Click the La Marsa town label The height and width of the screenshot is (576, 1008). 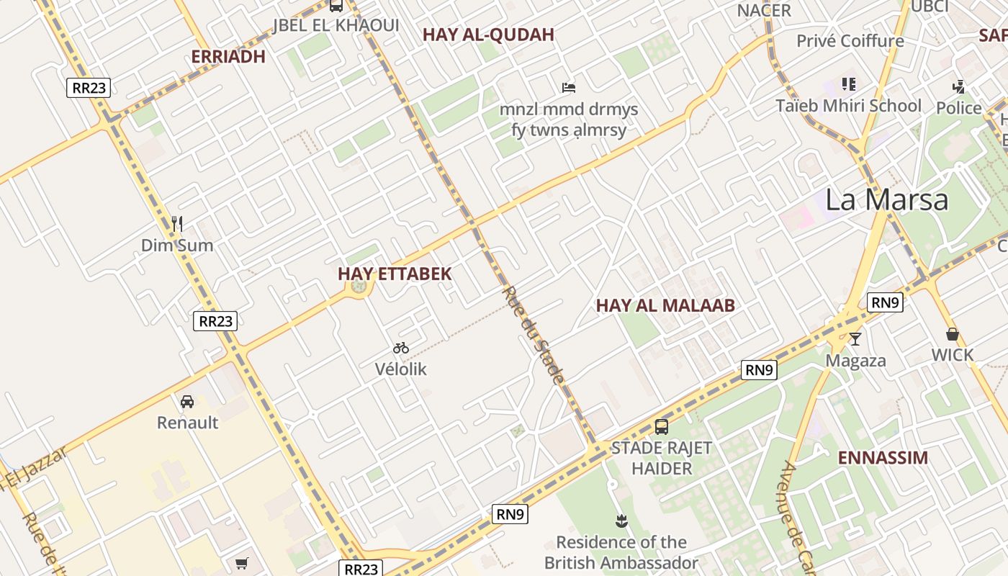tap(886, 199)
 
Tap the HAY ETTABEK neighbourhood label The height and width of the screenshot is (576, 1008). tap(395, 274)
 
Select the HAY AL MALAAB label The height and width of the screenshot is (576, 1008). tap(665, 305)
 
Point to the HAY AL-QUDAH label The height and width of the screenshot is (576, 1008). tap(488, 35)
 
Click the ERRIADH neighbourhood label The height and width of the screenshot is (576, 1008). tap(228, 57)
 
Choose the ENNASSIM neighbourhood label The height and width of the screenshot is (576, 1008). tap(883, 458)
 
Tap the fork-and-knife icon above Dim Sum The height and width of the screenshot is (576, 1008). tap(177, 224)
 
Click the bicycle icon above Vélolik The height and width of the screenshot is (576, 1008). tap(401, 348)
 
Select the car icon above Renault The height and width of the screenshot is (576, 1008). tap(187, 401)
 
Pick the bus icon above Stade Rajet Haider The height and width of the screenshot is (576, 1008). tap(662, 426)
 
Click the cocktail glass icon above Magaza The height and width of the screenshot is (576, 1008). tap(855, 338)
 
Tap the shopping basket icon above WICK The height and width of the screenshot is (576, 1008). tap(952, 334)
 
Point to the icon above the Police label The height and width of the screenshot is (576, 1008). tap(958, 87)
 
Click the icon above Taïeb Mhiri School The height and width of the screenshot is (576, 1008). tap(849, 84)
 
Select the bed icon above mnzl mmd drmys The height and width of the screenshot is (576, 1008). tap(569, 88)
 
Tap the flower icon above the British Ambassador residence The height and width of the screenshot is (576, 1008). tap(621, 521)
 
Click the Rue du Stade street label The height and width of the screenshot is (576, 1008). tap(534, 335)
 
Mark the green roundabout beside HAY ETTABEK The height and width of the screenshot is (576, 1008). tap(359, 287)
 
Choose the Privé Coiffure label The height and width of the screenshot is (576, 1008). tap(850, 41)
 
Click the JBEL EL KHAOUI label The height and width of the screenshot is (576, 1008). tap(336, 26)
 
